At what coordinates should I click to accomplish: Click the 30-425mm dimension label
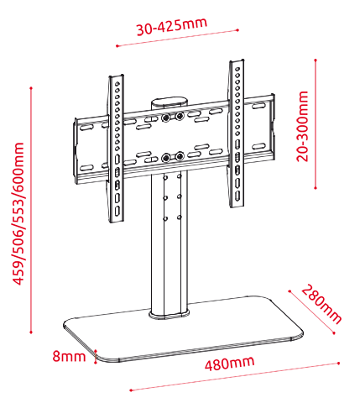pos(172,27)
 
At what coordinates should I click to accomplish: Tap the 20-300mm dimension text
pos(302,126)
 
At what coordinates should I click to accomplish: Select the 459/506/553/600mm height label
pos(18,214)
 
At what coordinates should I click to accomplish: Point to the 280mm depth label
pos(321,304)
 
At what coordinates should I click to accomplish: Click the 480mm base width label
pos(230,364)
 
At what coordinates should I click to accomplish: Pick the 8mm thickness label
pos(69,356)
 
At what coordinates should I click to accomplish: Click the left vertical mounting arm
pos(117,149)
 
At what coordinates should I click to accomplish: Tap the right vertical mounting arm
pos(237,133)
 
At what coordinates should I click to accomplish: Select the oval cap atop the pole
pos(170,102)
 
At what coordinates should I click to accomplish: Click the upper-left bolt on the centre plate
pos(165,118)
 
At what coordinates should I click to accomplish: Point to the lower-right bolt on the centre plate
pos(180,156)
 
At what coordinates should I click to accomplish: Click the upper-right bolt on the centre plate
pos(179,116)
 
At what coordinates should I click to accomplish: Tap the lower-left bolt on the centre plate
pos(166,158)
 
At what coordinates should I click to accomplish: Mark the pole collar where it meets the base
pos(169,315)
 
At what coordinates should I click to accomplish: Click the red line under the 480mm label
pos(234,377)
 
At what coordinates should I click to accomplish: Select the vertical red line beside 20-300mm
pos(316,124)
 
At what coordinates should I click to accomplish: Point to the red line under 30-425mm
pos(177,38)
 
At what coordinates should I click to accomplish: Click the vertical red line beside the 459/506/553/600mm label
pos(31,210)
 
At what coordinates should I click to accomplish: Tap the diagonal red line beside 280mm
pos(312,312)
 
